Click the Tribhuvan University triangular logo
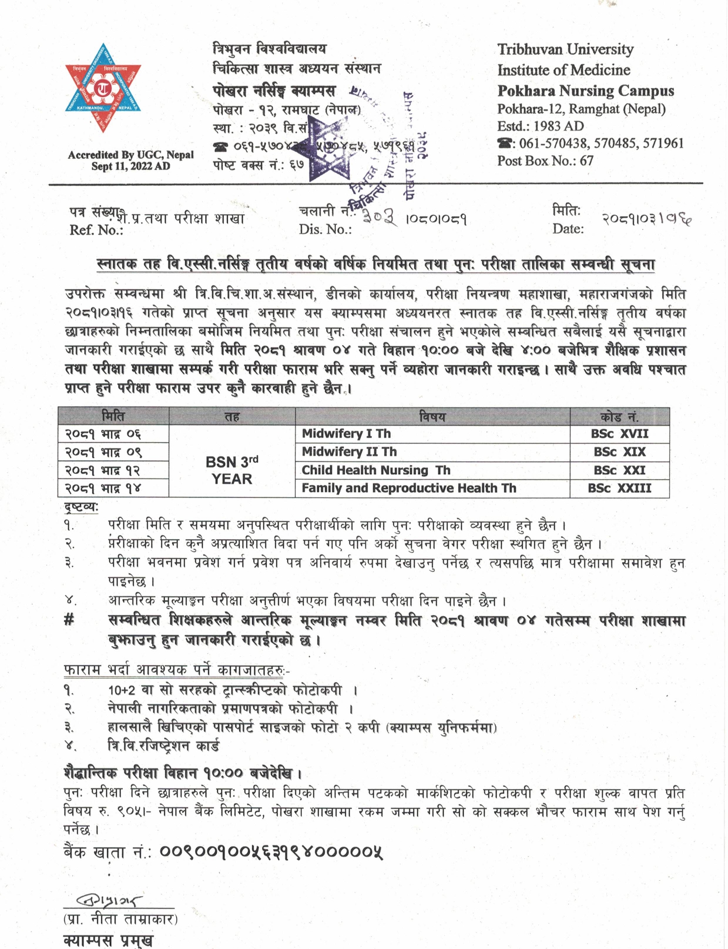(103, 88)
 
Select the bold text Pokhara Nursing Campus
(585, 91)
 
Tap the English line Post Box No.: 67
(545, 161)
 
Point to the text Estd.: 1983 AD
(540, 126)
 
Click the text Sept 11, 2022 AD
(130, 166)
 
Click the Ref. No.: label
(96, 230)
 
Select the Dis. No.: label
(325, 229)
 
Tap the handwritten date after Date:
(646, 219)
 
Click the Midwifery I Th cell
(346, 434)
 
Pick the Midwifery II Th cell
(349, 452)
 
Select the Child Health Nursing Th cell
(375, 470)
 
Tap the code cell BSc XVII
(619, 434)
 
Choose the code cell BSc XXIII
(619, 488)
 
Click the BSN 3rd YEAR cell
(232, 470)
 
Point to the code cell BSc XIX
(619, 452)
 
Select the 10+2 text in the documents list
(120, 690)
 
